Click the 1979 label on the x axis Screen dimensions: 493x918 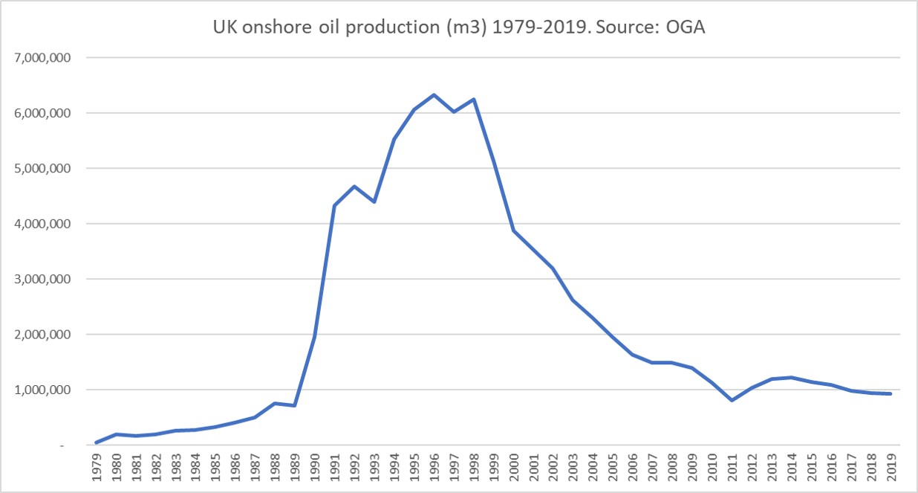97,465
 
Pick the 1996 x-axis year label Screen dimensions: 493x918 434,465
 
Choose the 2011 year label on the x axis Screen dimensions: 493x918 732,465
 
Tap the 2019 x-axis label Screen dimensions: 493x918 891,465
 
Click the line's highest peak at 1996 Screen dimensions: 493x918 434,95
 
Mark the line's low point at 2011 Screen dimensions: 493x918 732,400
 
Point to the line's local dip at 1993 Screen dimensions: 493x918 374,202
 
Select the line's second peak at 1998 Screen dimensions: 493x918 474,100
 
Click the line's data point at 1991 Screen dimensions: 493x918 334,206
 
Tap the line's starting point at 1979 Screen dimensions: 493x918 97,442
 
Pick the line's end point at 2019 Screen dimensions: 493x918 891,393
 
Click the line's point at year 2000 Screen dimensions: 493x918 513,231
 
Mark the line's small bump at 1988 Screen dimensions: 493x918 275,403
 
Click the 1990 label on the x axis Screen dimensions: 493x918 315,465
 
